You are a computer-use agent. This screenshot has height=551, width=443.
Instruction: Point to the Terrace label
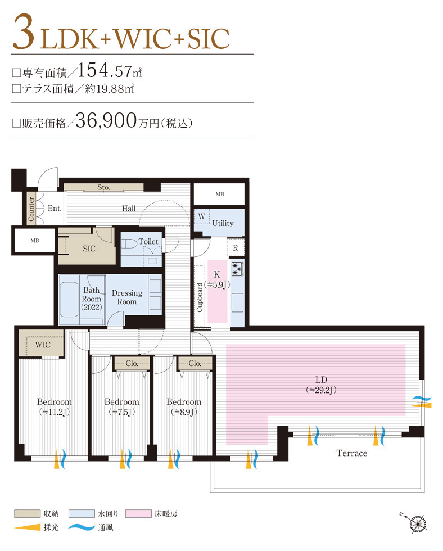point(351,453)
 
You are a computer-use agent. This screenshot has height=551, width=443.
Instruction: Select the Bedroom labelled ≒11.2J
point(54,407)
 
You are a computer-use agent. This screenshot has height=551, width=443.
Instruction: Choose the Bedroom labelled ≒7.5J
point(121,407)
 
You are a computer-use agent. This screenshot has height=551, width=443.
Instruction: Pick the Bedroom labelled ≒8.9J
point(184,407)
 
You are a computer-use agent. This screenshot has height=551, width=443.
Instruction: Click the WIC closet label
point(43,345)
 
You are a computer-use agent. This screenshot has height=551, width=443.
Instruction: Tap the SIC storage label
point(89,249)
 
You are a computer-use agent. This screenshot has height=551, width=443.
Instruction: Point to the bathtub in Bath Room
point(70,299)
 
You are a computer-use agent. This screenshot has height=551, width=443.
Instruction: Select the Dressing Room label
point(127,297)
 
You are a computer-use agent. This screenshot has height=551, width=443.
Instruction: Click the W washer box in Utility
point(201,216)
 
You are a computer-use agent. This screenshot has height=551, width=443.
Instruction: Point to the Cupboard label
point(200,297)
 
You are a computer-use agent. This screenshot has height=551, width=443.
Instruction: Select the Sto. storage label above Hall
point(103,187)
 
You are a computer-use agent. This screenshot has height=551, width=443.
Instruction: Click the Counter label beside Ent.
point(31,209)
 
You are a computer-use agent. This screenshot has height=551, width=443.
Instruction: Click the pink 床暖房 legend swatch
point(139,514)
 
